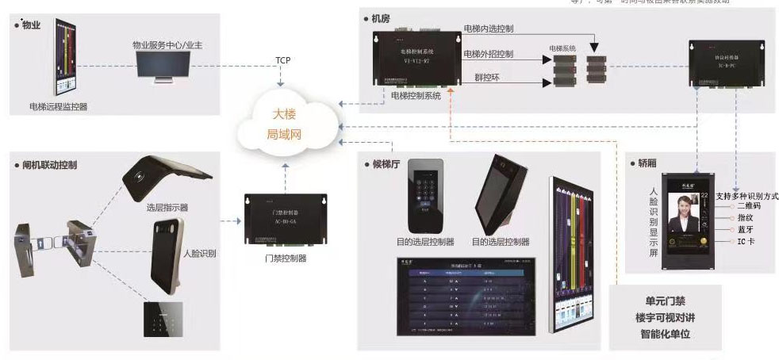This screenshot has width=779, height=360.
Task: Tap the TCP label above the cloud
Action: tap(282, 60)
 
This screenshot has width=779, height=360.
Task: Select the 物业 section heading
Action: tap(31, 25)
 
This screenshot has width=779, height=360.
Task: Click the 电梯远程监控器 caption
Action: tap(59, 105)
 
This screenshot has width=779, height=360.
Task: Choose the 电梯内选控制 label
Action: tap(488, 29)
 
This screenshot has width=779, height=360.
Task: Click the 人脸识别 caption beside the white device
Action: tap(200, 254)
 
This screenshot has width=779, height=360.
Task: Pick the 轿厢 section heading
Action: tap(647, 163)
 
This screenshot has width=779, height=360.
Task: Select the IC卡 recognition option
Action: tap(748, 240)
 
